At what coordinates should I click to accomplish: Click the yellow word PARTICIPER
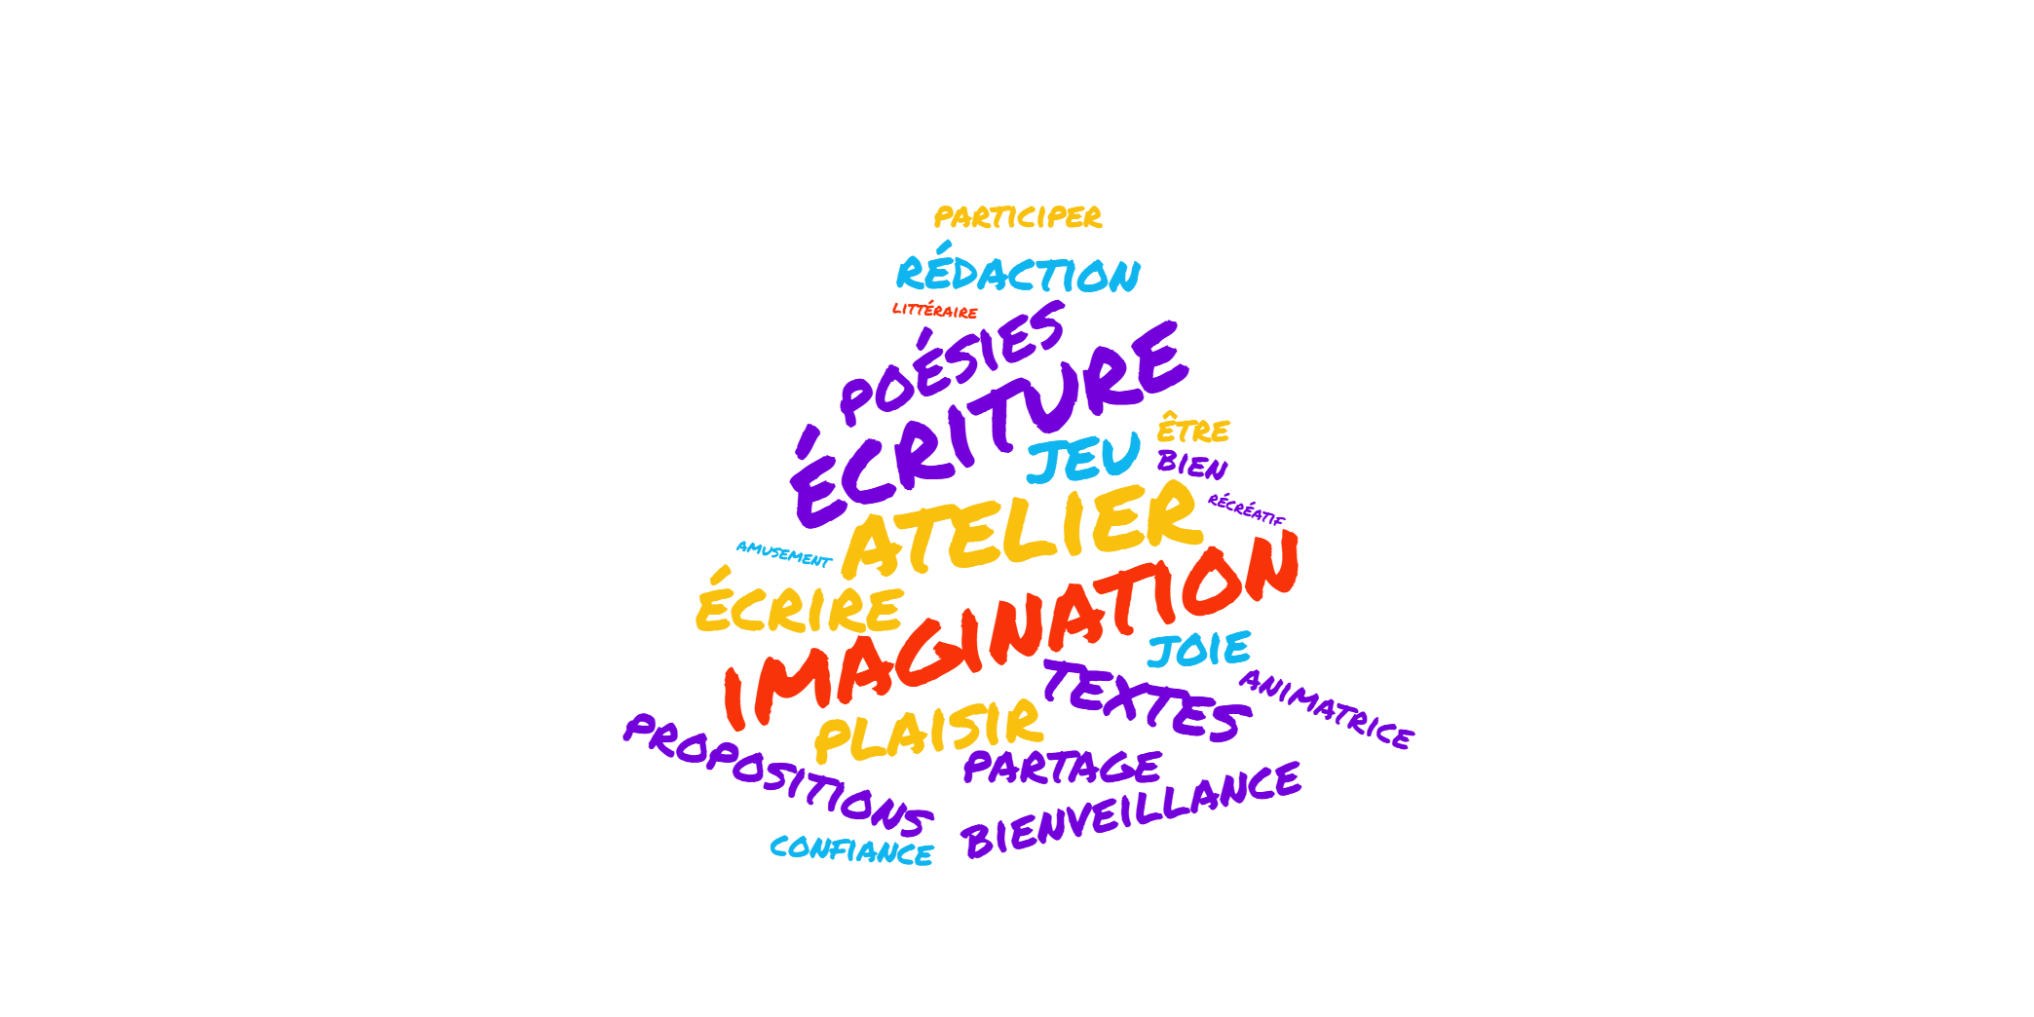pos(1018,216)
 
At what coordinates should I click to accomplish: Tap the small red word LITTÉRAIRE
pos(934,310)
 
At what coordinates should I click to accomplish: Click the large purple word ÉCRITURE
pos(989,424)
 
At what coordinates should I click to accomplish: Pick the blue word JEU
pos(1083,458)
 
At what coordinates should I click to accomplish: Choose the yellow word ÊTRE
pos(1193,429)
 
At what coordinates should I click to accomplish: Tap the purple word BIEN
pos(1192,465)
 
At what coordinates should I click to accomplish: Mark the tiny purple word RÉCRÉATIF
pos(1247,509)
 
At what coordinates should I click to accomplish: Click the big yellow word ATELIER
pos(1023,531)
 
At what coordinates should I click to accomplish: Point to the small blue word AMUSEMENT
pos(783,553)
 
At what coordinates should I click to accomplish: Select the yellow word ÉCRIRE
pos(800,601)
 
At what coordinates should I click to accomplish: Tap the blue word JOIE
pos(1199,650)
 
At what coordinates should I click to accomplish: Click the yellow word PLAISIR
pos(928,730)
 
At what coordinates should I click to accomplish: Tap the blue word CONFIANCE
pos(851,850)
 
